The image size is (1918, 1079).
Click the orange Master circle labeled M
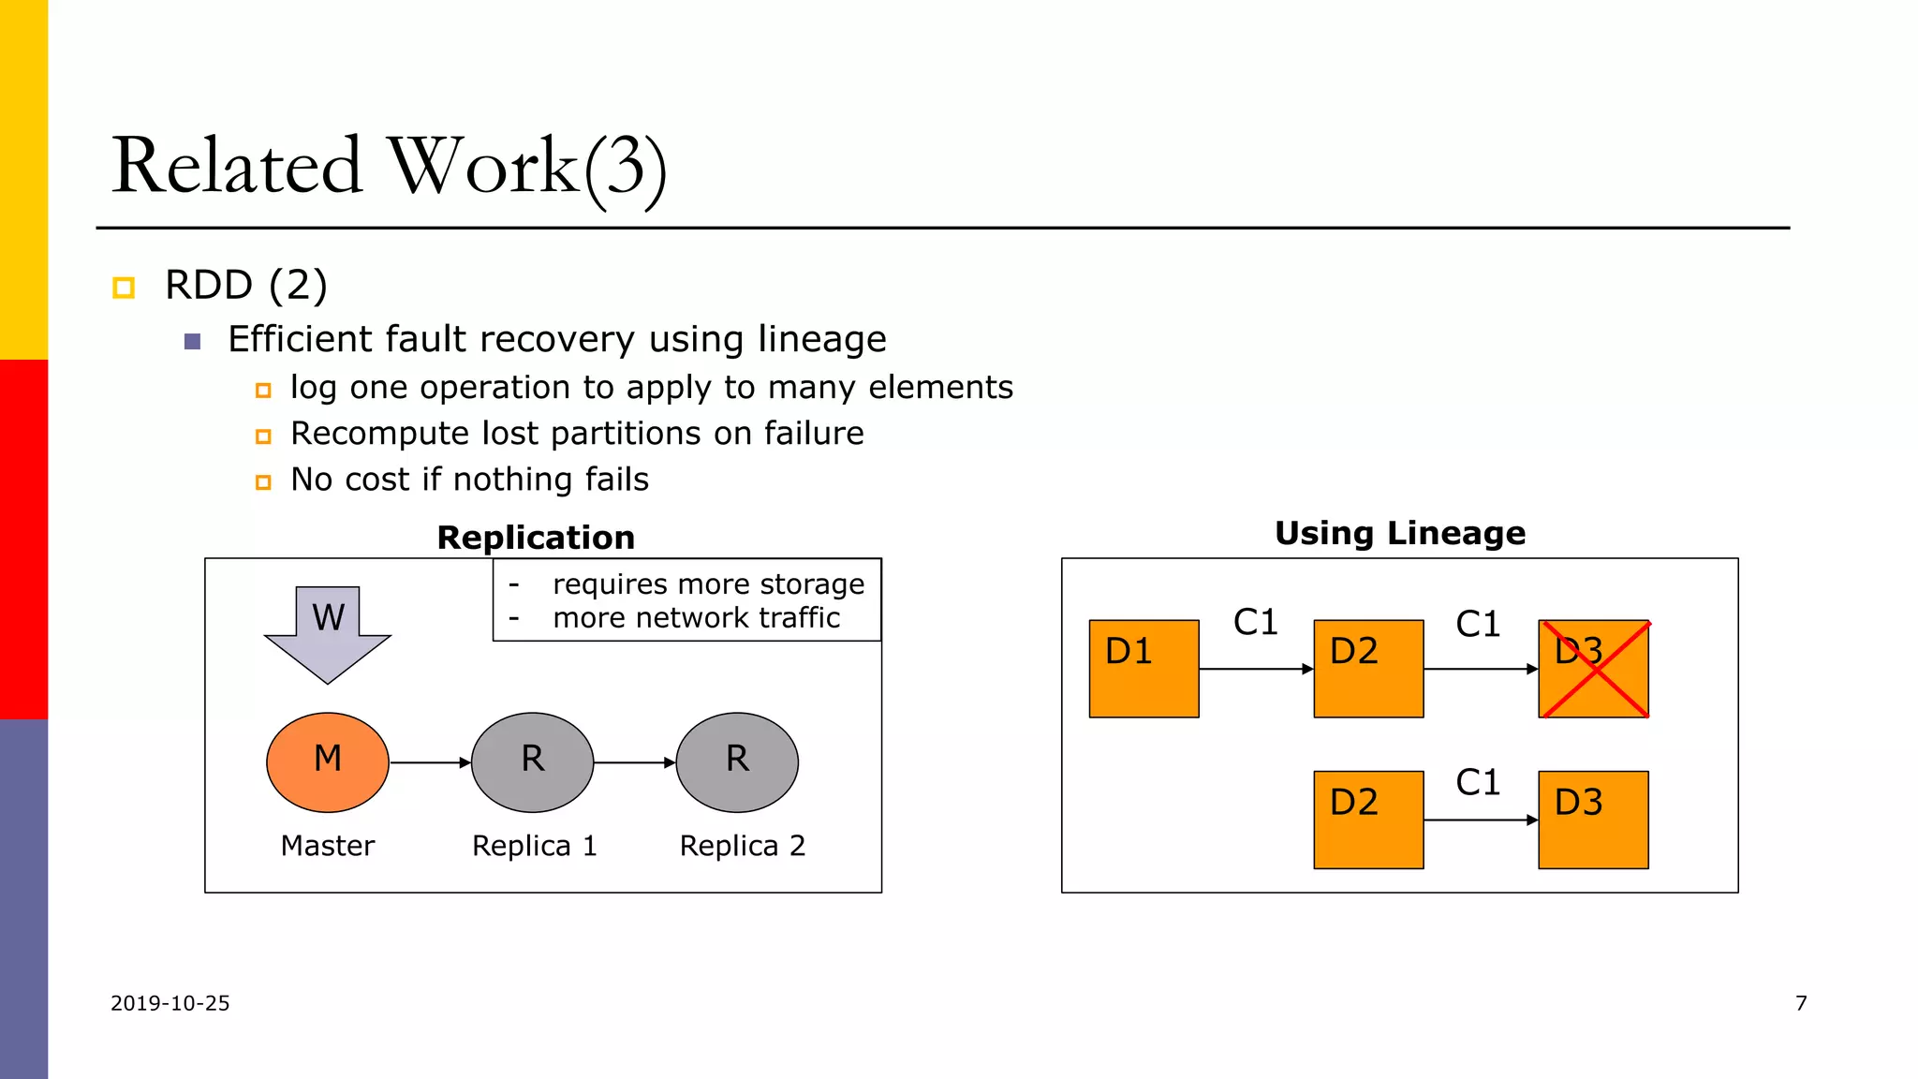(x=328, y=762)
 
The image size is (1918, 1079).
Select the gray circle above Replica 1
(x=532, y=762)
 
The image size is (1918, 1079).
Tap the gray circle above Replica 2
(x=737, y=762)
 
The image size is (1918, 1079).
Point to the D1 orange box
(x=1143, y=669)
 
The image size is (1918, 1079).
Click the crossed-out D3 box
(x=1593, y=669)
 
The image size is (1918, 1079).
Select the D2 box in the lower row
(x=1368, y=820)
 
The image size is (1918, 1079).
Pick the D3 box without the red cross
(x=1593, y=820)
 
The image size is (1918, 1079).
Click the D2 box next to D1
(x=1368, y=669)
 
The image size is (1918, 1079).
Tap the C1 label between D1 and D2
(x=1255, y=622)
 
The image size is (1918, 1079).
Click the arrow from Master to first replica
(x=430, y=762)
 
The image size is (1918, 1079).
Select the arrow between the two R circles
(x=635, y=762)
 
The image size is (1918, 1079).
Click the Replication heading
(x=536, y=538)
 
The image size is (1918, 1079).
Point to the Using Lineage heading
(x=1400, y=533)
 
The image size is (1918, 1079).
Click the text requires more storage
(x=708, y=584)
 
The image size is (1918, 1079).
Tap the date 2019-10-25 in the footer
(x=170, y=1003)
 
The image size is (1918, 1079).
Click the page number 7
(x=1801, y=1003)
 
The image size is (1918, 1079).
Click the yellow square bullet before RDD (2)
(x=124, y=288)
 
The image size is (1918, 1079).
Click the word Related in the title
(x=236, y=166)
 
